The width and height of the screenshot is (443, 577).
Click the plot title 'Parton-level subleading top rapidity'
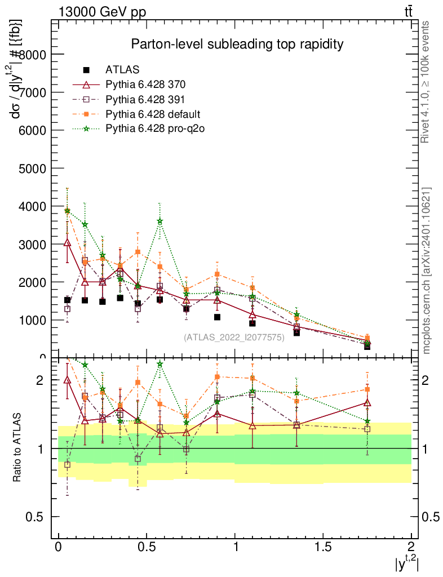237,44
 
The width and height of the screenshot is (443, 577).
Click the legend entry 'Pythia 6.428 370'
145,85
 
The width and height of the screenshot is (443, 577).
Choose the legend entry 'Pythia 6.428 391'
145,99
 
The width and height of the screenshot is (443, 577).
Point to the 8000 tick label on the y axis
36,55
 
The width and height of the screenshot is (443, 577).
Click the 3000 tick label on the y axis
36,244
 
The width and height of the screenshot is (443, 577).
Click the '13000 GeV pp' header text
101,12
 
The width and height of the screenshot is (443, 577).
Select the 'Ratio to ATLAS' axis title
17,447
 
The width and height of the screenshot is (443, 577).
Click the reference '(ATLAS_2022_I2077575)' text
234,338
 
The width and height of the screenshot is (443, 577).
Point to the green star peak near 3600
160,221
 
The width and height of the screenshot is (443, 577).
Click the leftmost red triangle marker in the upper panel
67,242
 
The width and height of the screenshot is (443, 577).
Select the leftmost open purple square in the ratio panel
67,465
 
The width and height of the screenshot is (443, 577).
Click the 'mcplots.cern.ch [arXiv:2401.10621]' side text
427,271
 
